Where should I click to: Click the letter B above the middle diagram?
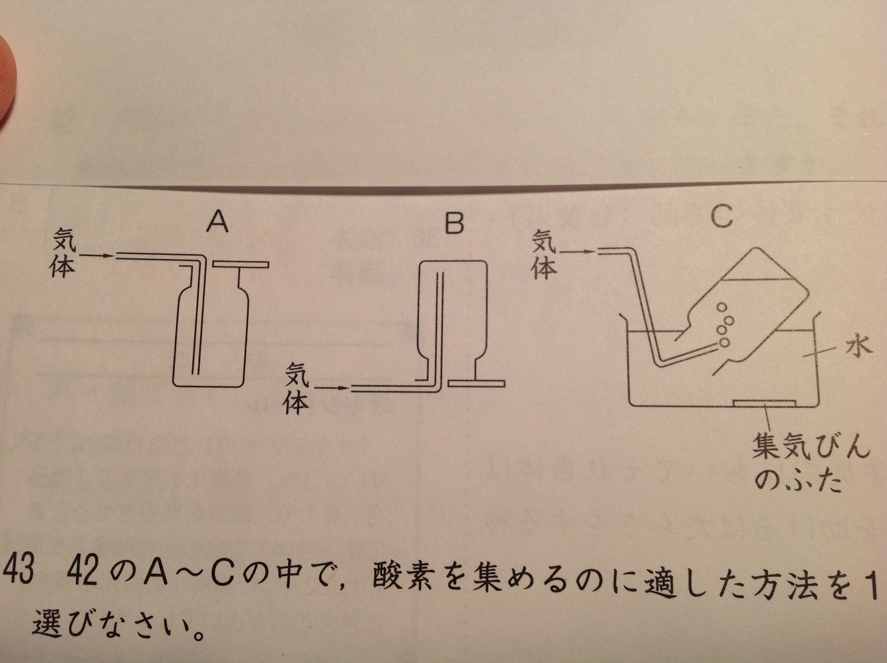pyautogui.click(x=454, y=224)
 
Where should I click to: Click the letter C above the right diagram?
pyautogui.click(x=721, y=216)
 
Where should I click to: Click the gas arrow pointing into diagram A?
pyautogui.click(x=100, y=255)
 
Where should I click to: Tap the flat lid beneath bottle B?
pyautogui.click(x=476, y=383)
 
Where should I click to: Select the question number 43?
pyautogui.click(x=17, y=572)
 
